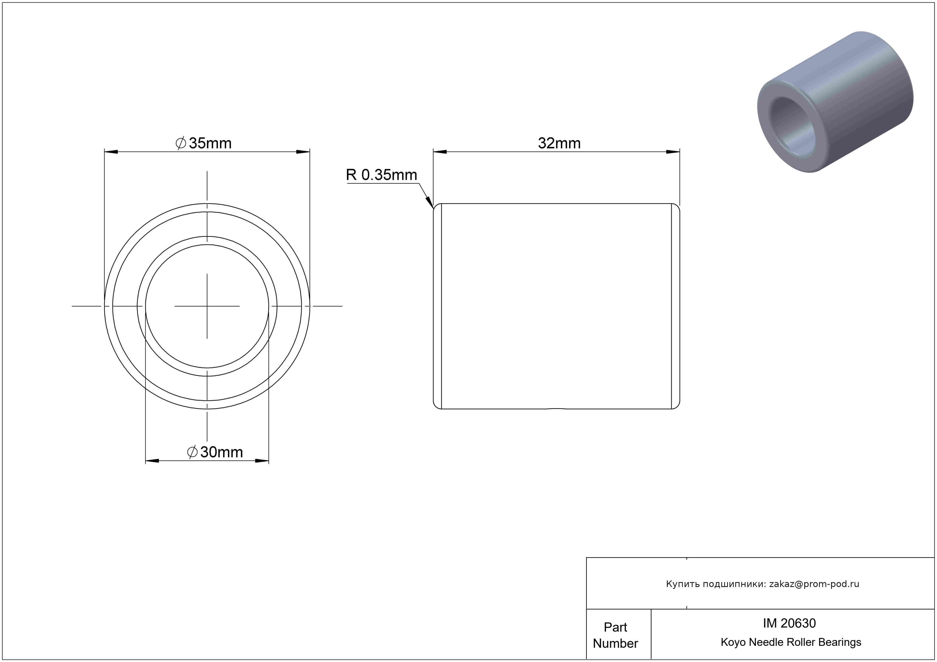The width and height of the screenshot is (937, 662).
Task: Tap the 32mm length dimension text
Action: coord(559,143)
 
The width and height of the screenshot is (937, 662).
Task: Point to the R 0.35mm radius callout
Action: coord(382,175)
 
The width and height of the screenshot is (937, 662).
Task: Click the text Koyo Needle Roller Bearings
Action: coord(791,642)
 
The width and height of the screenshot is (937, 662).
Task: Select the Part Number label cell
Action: coord(615,635)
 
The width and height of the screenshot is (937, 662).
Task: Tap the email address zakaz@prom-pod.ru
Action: coord(814,584)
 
